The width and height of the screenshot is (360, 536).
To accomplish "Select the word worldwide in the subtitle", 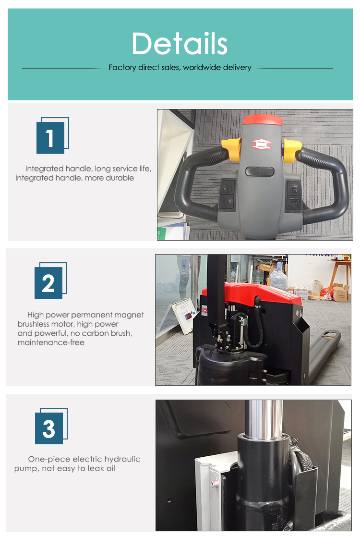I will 200,68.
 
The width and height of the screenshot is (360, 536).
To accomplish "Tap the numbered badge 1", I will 50,138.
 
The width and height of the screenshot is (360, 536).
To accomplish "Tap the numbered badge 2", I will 48,283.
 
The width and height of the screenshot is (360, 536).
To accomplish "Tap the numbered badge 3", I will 49,428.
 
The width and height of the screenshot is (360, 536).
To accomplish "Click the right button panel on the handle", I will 293,195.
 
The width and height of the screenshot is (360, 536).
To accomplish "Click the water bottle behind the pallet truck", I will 278,279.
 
